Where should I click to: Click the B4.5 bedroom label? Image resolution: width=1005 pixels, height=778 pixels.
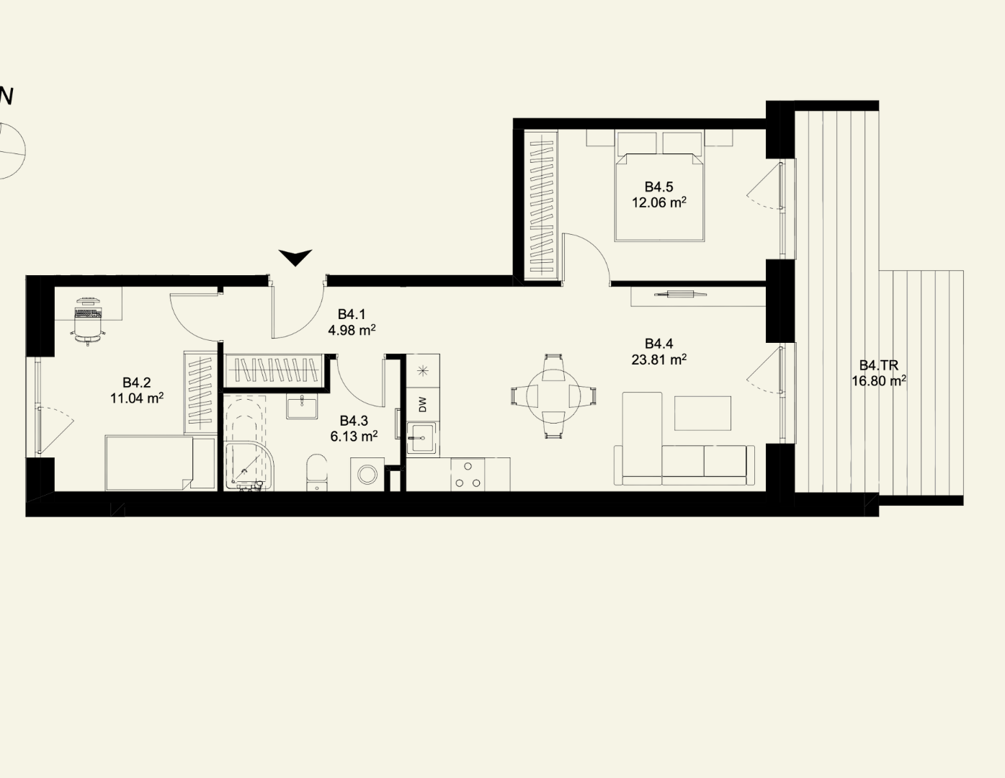[x=658, y=187]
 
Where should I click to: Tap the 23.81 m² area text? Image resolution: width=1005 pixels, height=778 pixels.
[x=658, y=359]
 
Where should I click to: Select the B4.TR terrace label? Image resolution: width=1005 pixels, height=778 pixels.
[x=879, y=365]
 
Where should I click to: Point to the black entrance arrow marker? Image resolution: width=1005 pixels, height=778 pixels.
[x=295, y=257]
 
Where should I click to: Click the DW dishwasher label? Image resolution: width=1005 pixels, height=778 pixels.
[x=423, y=405]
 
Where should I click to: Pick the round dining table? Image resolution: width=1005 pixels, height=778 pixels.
[x=553, y=396]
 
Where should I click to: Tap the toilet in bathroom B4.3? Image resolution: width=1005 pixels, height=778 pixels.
[x=317, y=472]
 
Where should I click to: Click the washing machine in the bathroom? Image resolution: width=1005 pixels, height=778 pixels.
[x=367, y=474]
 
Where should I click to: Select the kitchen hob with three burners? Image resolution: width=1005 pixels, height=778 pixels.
[x=468, y=474]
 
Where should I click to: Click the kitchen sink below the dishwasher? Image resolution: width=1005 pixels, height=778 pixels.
[x=421, y=438]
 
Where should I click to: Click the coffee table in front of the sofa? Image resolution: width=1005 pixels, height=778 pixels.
[x=702, y=413]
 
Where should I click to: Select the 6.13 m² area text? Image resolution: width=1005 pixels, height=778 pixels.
[x=354, y=436]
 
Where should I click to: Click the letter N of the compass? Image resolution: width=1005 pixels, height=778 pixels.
[x=6, y=97]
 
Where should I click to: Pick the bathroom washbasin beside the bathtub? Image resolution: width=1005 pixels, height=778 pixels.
[x=302, y=406]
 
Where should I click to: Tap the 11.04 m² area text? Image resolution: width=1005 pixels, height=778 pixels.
[x=137, y=398]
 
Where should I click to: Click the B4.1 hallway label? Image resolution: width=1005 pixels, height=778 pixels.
[x=352, y=314]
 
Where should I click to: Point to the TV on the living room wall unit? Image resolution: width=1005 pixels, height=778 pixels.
[x=681, y=293]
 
